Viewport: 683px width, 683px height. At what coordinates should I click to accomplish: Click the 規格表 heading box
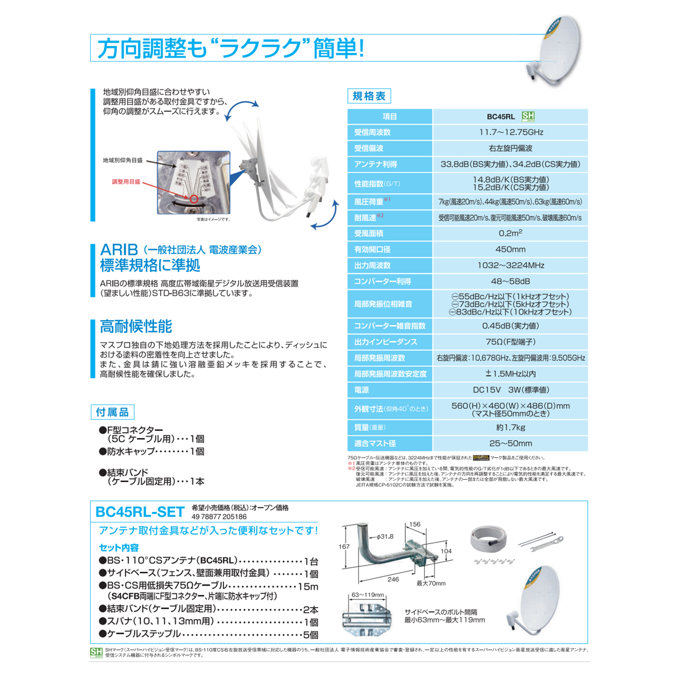pos(369,96)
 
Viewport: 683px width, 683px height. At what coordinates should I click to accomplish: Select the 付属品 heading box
pos(112,412)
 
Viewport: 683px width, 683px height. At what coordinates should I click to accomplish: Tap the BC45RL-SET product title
pos(140,512)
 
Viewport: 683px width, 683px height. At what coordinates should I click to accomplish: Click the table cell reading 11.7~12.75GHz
pos(510,132)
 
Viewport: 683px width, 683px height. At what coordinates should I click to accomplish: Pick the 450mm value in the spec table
pos(510,250)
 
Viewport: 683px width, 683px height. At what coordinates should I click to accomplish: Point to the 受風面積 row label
pos(369,234)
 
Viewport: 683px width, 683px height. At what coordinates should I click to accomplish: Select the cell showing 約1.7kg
pos(510,427)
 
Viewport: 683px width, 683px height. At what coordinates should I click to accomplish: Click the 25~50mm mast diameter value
pos(510,444)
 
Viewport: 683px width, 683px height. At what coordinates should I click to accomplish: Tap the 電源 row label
pos(362,390)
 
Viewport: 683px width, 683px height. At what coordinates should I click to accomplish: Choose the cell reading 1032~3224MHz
pos(510,265)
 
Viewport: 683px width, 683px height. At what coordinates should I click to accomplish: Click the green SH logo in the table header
pos(528,117)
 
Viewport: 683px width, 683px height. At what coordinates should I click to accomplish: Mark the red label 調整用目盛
pos(126,182)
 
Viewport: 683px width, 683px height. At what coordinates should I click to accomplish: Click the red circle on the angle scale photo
pos(194,199)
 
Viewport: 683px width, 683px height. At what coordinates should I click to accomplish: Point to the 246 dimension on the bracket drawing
pos(393,579)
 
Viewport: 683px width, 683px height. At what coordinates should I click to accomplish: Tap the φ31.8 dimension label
pos(384,536)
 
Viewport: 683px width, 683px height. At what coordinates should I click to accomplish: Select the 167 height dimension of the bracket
pos(344,547)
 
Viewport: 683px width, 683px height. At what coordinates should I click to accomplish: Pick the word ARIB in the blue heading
pos(119,250)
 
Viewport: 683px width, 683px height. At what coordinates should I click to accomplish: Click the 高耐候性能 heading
pos(136,326)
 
